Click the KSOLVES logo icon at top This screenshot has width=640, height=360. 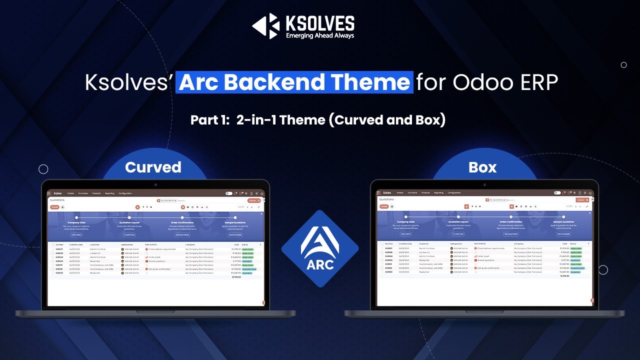coord(265,26)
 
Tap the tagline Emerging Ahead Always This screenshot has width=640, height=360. coord(319,35)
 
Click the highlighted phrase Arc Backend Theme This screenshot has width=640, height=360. coord(294,82)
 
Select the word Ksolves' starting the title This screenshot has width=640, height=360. coord(128,82)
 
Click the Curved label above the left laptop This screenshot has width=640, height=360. coord(153,167)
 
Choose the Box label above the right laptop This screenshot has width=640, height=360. coord(482,167)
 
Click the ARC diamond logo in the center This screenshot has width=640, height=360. coord(320,248)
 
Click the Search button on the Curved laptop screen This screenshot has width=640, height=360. coord(252,200)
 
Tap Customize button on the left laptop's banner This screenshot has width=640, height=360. coord(129,234)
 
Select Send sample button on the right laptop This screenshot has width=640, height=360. coord(563,234)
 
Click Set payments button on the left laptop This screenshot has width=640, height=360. coord(182,234)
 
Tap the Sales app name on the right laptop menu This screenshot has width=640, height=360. coord(387,192)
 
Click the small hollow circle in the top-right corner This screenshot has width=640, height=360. coord(623,65)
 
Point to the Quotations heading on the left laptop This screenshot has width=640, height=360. coord(57,200)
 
